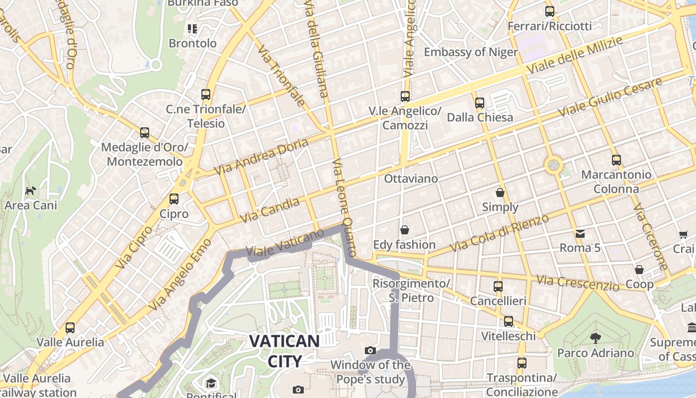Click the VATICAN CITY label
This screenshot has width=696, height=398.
click(284, 351)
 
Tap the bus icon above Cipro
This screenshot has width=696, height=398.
click(174, 199)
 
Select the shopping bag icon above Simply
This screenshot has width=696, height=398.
click(500, 193)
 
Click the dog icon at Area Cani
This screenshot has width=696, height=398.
click(31, 191)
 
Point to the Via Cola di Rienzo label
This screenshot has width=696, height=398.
click(499, 233)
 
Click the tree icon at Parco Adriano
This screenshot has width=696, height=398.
click(595, 338)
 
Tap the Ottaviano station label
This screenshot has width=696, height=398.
click(411, 179)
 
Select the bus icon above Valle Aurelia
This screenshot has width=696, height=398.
click(70, 328)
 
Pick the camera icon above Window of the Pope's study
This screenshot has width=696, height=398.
click(370, 351)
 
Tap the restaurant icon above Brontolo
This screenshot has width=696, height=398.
click(192, 28)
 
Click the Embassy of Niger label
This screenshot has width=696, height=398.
click(470, 52)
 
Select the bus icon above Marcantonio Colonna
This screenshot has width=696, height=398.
click(616, 160)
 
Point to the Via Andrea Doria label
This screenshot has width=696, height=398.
click(261, 156)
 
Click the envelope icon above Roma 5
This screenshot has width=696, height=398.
click(580, 233)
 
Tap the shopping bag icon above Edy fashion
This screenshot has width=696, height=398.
click(405, 230)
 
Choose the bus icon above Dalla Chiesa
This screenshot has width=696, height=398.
click(480, 103)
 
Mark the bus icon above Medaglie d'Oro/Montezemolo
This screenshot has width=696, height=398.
click(145, 133)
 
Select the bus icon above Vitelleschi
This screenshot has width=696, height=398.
click(508, 321)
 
